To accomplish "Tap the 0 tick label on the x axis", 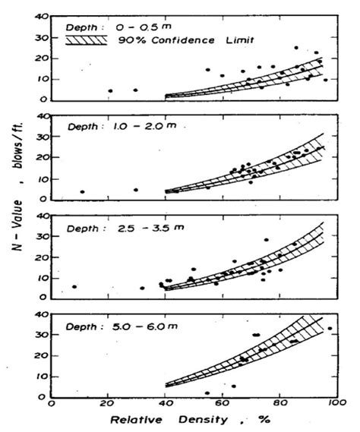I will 51,405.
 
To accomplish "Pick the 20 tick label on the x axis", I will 108,405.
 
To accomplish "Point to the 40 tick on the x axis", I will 165,405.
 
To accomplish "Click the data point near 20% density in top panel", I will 110,91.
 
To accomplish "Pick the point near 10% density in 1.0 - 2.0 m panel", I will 82,191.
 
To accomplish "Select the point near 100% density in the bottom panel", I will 330,329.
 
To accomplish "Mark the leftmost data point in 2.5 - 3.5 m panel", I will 74,287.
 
